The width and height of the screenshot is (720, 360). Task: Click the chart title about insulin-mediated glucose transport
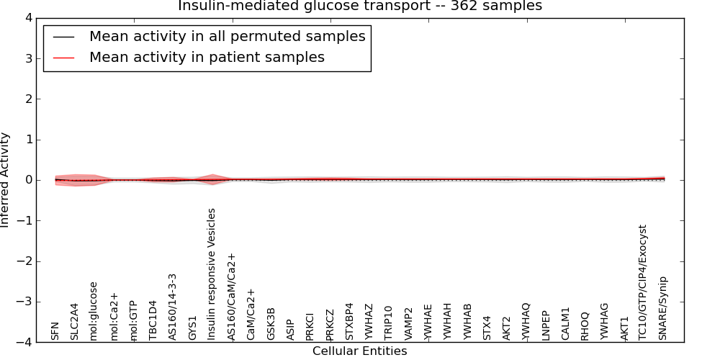pos(360,6)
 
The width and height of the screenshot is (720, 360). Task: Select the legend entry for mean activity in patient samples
pos(207,58)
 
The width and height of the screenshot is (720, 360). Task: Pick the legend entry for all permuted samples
pos(227,37)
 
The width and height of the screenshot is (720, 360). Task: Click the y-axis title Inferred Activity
pos(6,180)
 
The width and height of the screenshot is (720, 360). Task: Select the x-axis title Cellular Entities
pos(359,351)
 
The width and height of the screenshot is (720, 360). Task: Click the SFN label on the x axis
pos(55,331)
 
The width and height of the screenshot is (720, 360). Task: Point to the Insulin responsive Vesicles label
pos(212,274)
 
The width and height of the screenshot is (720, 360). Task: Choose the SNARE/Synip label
pos(662,308)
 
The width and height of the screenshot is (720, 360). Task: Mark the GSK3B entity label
pos(271,324)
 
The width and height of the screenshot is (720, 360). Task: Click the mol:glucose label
pos(94,310)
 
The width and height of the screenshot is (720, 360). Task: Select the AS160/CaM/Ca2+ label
pos(231,297)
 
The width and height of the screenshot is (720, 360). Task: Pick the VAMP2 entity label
pos(408,324)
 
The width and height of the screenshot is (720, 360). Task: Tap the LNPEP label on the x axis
pos(545,325)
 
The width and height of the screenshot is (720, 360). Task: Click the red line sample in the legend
pos(63,58)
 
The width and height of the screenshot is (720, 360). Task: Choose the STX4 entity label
pos(487,328)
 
